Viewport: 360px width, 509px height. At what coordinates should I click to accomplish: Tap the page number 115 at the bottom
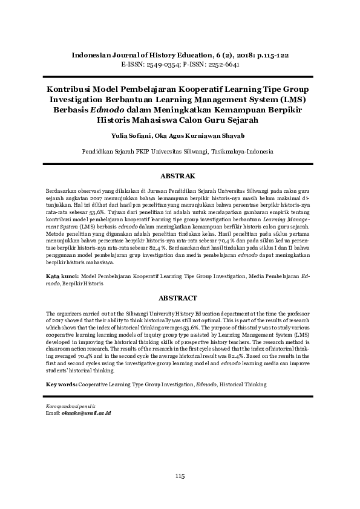point(180,476)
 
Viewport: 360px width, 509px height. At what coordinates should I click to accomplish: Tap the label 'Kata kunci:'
point(62,276)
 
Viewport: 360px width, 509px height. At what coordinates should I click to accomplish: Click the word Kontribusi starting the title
point(70,88)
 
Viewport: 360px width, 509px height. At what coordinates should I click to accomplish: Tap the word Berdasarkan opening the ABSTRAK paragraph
point(62,190)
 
